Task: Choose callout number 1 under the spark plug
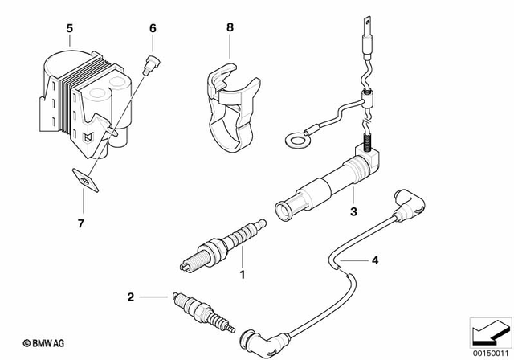[240, 274]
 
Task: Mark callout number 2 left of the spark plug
[130, 297]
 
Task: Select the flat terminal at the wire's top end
[368, 25]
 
